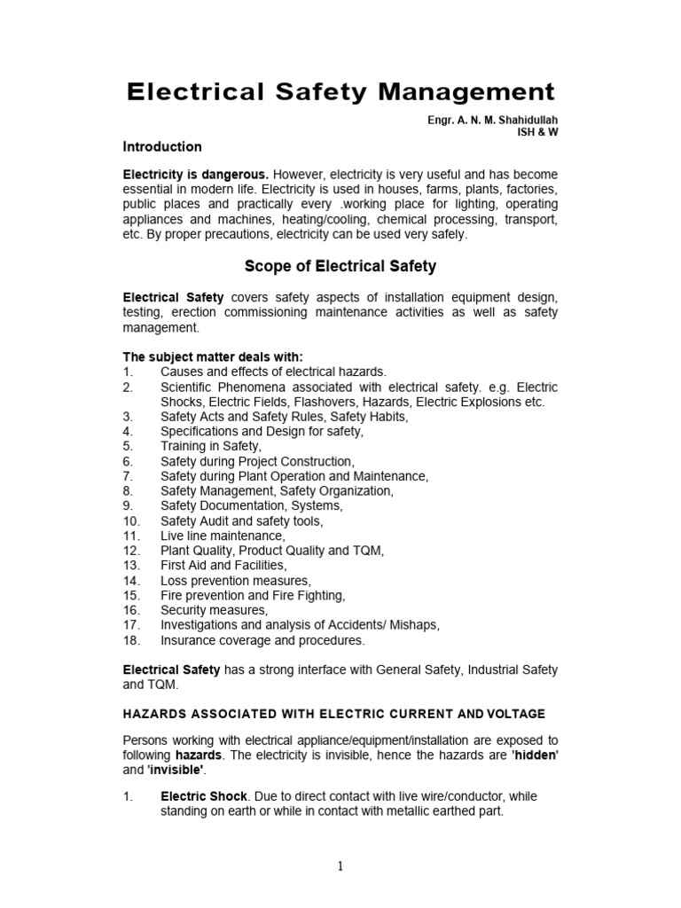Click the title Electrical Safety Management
point(340,91)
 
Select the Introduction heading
point(162,146)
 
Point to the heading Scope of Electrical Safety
point(340,266)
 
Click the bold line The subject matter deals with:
point(212,356)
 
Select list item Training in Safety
point(211,446)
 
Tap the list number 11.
point(131,536)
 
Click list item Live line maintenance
point(223,536)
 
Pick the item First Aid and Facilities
point(223,565)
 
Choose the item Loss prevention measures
point(235,580)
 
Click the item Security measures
point(213,610)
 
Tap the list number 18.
point(131,640)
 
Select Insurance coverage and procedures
point(262,640)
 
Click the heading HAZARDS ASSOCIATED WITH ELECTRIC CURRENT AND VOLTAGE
point(334,714)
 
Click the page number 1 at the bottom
point(340,867)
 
